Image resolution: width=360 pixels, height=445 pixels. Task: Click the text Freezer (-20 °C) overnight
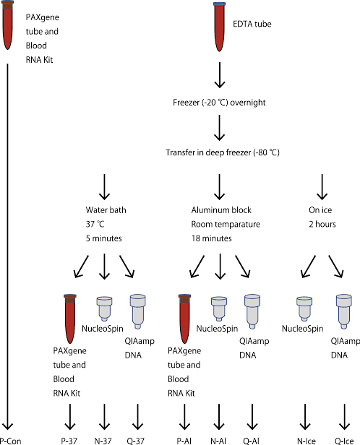[x=220, y=103]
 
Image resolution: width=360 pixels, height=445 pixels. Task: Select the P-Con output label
[x=9, y=439]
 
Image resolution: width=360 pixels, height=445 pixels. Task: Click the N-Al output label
[x=220, y=439]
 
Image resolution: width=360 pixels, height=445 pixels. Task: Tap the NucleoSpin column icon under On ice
[x=304, y=308]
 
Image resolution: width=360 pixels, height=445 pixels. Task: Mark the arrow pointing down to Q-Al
[x=252, y=417]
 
